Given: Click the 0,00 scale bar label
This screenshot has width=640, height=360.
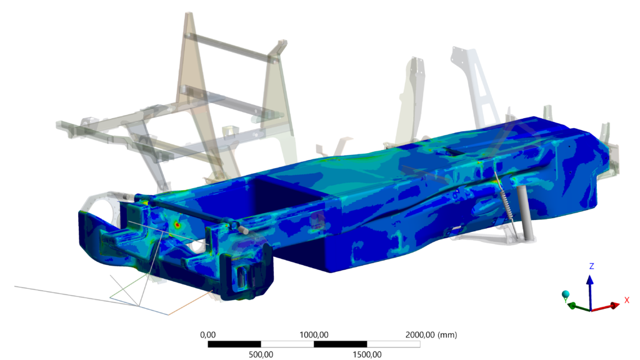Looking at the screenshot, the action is pyautogui.click(x=207, y=335).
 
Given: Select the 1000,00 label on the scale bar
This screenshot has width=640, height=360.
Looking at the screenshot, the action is pyautogui.click(x=314, y=335).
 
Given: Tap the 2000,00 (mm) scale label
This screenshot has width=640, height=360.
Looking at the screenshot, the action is pyautogui.click(x=431, y=335).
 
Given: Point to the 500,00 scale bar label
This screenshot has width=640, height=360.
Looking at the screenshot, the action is pyautogui.click(x=261, y=354).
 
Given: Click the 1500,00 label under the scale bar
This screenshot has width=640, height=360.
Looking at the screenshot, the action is pyautogui.click(x=367, y=354).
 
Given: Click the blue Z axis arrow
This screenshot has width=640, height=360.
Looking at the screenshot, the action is pyautogui.click(x=590, y=292).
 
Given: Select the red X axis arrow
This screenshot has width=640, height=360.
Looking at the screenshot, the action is pyautogui.click(x=606, y=307).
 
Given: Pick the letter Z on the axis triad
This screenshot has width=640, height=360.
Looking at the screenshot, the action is pyautogui.click(x=591, y=266).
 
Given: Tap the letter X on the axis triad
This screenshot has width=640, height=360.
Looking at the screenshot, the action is pyautogui.click(x=627, y=301).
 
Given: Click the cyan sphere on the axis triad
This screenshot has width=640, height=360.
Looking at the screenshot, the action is pyautogui.click(x=565, y=294).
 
